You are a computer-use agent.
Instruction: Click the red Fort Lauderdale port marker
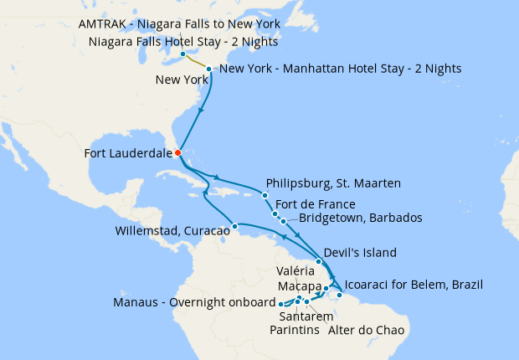[x=177, y=152]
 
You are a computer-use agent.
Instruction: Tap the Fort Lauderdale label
[x=129, y=153]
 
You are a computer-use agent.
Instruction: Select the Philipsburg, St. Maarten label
[x=333, y=183]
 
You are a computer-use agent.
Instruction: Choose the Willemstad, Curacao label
[x=173, y=230]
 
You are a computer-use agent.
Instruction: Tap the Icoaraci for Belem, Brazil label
[x=414, y=285]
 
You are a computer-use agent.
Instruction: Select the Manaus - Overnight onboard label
[x=194, y=302]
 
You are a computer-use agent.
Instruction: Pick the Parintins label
[x=293, y=330]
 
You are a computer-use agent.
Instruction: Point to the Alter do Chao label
[x=366, y=330]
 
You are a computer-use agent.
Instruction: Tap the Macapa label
[x=299, y=287]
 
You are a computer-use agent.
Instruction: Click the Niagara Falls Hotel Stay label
[x=183, y=41]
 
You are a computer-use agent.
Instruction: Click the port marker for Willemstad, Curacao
[x=235, y=226]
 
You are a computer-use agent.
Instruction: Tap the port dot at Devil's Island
[x=319, y=261]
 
